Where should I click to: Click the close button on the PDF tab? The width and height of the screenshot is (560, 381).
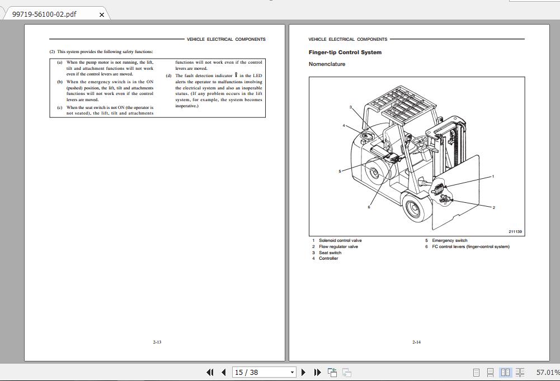pos(101,15)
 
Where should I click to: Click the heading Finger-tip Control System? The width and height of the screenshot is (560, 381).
pos(345,53)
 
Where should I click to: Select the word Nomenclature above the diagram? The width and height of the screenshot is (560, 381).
pos(327,64)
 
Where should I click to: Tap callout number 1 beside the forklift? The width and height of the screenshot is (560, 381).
pos(493,176)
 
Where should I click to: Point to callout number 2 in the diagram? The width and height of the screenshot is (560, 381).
pos(493,207)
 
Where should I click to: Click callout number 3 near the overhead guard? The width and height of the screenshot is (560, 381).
pos(351,107)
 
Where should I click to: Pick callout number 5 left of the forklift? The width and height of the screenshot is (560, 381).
pos(340,171)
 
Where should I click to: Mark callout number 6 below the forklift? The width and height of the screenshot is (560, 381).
pos(369,207)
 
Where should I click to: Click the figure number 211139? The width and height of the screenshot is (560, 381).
pos(515,231)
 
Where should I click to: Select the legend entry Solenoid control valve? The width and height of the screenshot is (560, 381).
pos(340,241)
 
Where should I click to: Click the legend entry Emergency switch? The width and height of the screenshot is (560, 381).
pos(449,241)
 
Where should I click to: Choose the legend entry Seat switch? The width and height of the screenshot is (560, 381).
pos(330,253)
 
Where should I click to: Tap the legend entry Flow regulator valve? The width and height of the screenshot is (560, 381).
pos(338,246)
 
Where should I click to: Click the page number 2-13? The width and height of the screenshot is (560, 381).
pos(157,342)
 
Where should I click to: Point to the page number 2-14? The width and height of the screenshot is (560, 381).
pos(416,342)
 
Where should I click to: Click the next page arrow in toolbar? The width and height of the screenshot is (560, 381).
pos(303,372)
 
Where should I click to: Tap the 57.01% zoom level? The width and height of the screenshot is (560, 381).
pos(547,372)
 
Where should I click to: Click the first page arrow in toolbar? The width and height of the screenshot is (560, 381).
pos(210,372)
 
